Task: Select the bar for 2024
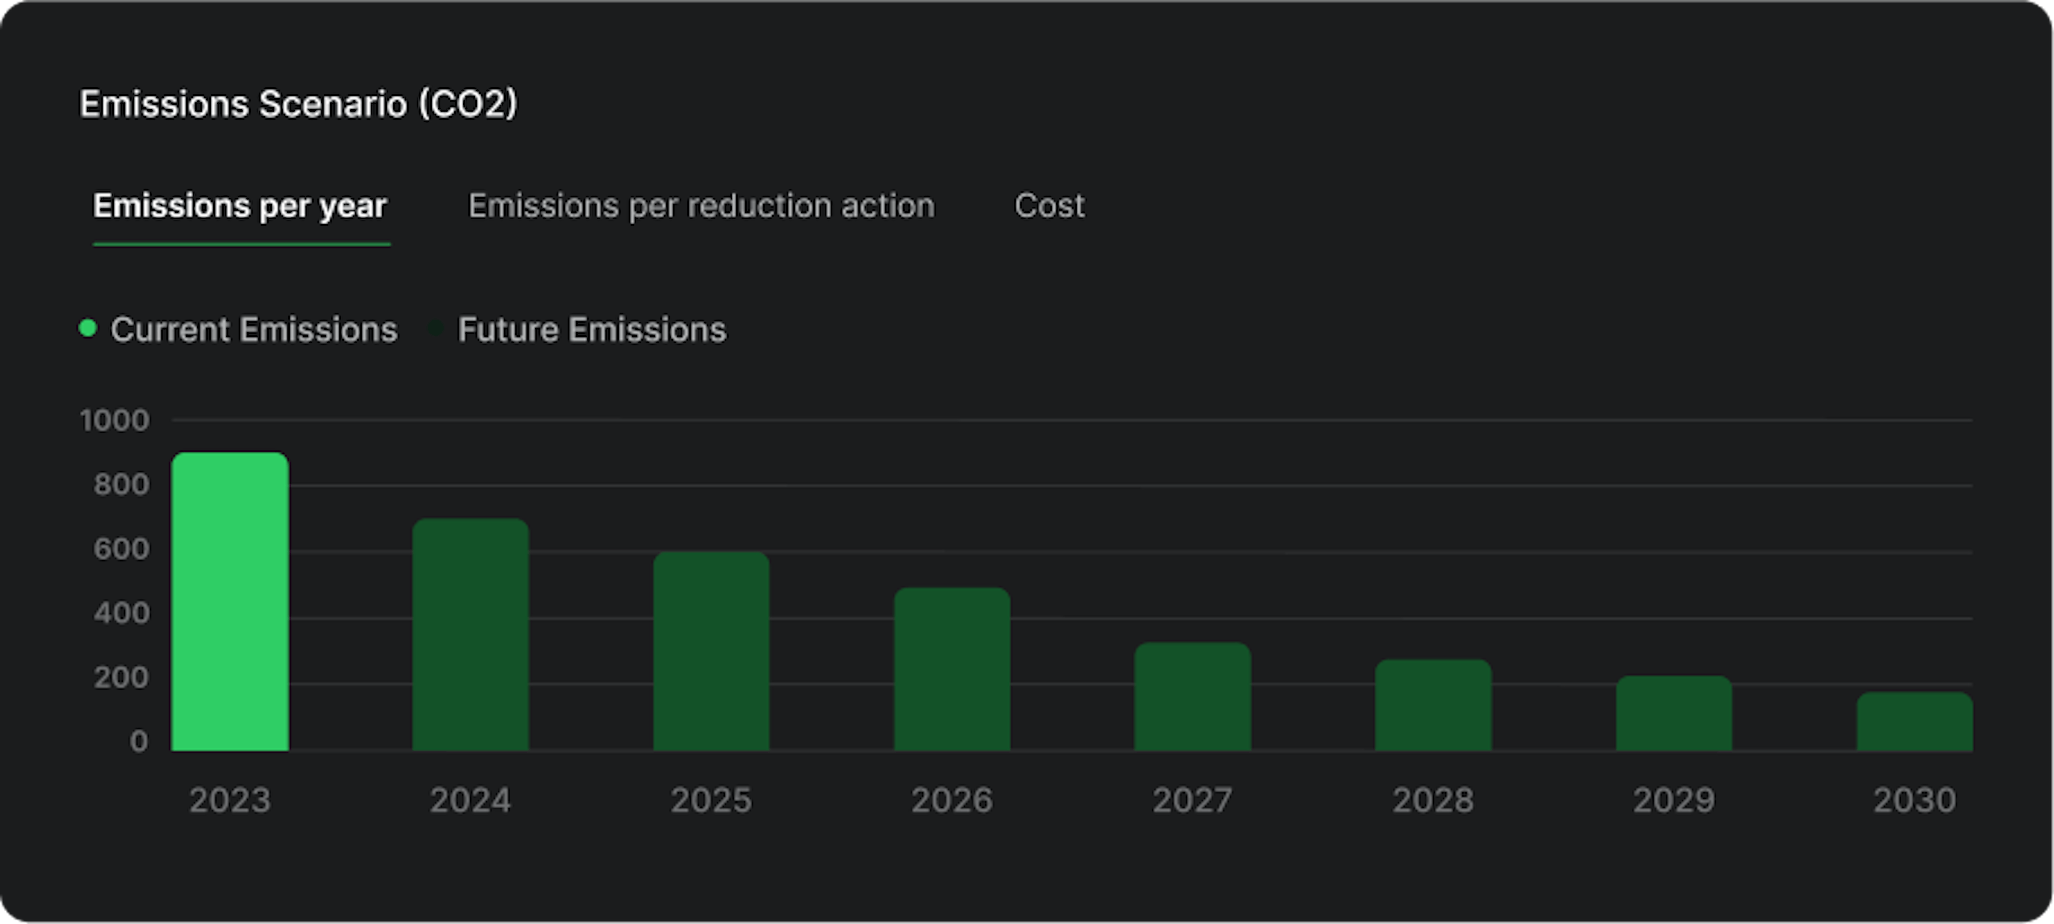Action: [x=470, y=635]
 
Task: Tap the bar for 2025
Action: [x=711, y=651]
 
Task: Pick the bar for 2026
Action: [x=952, y=669]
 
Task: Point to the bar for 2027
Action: [x=1193, y=696]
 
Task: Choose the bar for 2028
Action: [x=1434, y=705]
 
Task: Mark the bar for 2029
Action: [x=1674, y=713]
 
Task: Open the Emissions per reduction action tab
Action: [x=701, y=206]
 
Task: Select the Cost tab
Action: [x=1049, y=206]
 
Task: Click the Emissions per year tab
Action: [x=240, y=206]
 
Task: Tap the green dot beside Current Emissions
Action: [x=88, y=328]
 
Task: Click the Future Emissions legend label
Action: [x=592, y=329]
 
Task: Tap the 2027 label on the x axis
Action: [x=1193, y=800]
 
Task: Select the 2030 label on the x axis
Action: [x=1914, y=800]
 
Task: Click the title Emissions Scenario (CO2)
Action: [x=298, y=104]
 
